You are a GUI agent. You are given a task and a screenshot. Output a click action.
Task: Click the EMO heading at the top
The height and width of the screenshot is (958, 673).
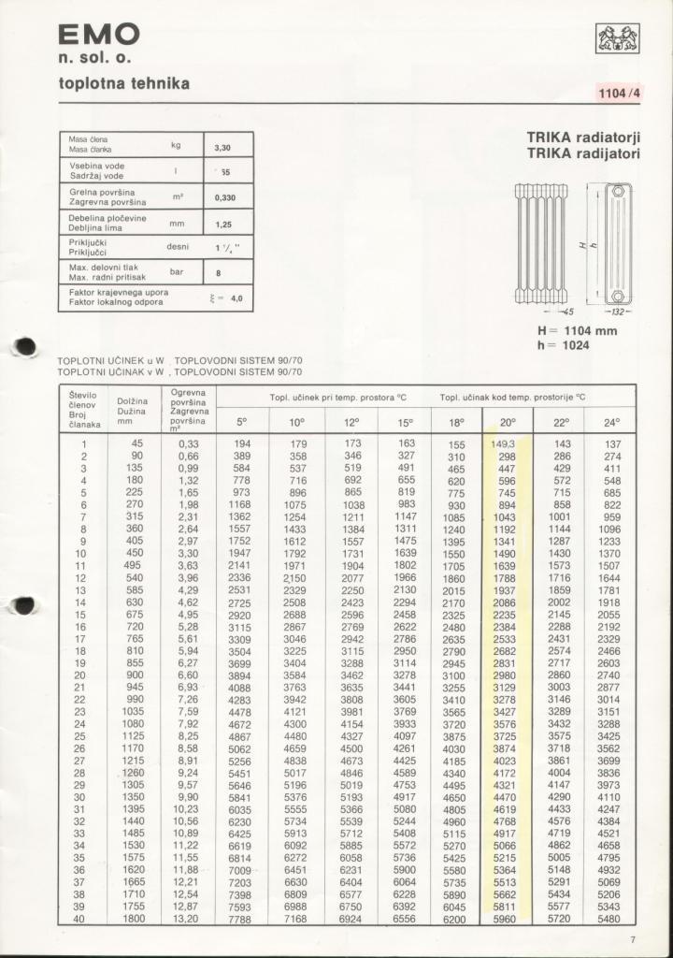(x=99, y=36)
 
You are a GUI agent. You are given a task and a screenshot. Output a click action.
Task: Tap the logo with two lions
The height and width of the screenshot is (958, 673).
(x=618, y=39)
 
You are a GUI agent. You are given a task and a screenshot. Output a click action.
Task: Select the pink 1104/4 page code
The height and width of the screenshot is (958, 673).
(x=620, y=93)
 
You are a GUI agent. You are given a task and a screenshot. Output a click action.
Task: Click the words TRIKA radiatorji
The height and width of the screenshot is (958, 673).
(x=583, y=137)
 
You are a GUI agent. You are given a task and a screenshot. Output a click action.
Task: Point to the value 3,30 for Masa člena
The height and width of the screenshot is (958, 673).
(x=222, y=147)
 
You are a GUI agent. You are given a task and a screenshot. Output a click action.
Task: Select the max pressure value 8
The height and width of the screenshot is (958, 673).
(x=218, y=273)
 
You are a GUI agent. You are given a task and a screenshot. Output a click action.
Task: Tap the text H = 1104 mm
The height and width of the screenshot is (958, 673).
(x=577, y=330)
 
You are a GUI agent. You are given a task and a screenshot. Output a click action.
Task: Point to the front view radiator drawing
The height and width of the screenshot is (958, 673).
(x=541, y=243)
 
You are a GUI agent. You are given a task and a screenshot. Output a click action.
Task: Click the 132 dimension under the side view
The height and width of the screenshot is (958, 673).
(x=618, y=312)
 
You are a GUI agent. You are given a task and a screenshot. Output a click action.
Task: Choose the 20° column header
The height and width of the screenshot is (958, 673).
(x=506, y=422)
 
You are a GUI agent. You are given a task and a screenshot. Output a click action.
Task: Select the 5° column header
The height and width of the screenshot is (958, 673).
(x=242, y=422)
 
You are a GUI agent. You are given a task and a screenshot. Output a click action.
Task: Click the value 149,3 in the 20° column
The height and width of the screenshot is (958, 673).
(x=504, y=444)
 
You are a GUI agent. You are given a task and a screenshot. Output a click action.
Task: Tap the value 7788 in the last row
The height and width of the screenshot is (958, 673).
(x=240, y=920)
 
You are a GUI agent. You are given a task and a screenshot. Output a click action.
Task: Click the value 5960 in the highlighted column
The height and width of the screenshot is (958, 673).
(x=504, y=920)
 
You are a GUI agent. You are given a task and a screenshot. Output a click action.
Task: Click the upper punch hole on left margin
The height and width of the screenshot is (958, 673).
(x=27, y=346)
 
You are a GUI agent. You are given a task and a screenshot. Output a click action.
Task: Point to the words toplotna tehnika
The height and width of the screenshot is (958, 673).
(x=124, y=84)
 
